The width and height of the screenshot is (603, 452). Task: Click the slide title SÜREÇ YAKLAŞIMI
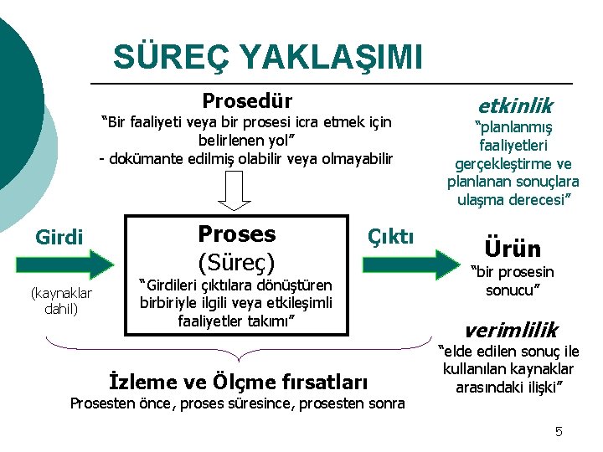click(x=268, y=57)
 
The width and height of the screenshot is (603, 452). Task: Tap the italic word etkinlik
click(x=514, y=105)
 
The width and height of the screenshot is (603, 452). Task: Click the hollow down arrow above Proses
click(x=235, y=194)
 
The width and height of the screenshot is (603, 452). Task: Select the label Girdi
click(x=59, y=238)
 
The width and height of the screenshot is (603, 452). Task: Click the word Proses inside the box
click(x=236, y=234)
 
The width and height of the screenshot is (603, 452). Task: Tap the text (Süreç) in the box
click(x=236, y=260)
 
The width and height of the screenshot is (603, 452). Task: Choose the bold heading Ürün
click(x=513, y=248)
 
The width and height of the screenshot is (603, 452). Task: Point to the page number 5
click(x=558, y=432)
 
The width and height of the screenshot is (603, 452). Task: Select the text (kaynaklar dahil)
click(x=60, y=300)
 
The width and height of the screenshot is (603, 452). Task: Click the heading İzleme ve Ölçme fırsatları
click(x=239, y=383)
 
